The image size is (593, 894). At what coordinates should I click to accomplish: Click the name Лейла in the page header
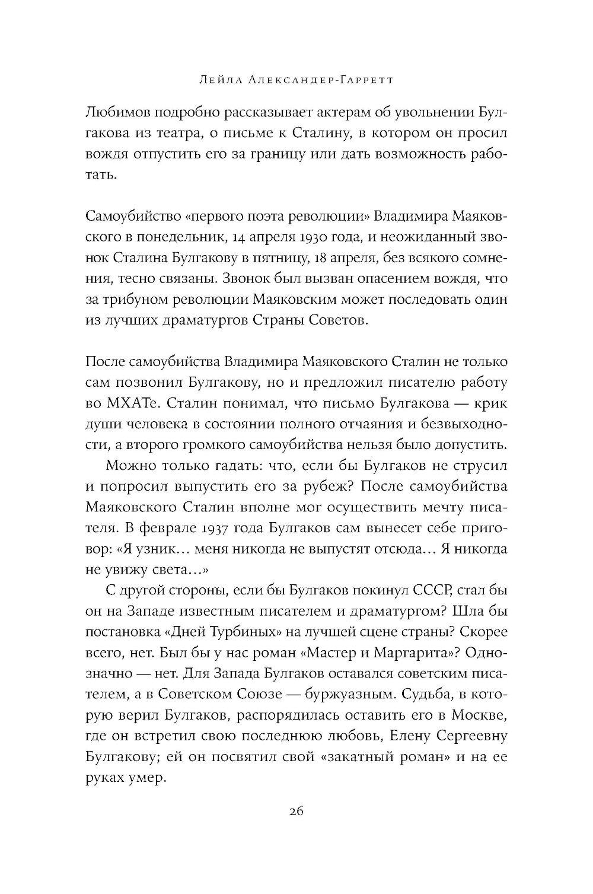pyautogui.click(x=222, y=80)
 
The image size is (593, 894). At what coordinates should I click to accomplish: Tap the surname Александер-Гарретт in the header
pyautogui.click(x=321, y=80)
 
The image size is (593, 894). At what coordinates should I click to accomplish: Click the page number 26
pyautogui.click(x=296, y=813)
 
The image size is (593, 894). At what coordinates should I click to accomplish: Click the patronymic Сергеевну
pyautogui.click(x=466, y=736)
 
